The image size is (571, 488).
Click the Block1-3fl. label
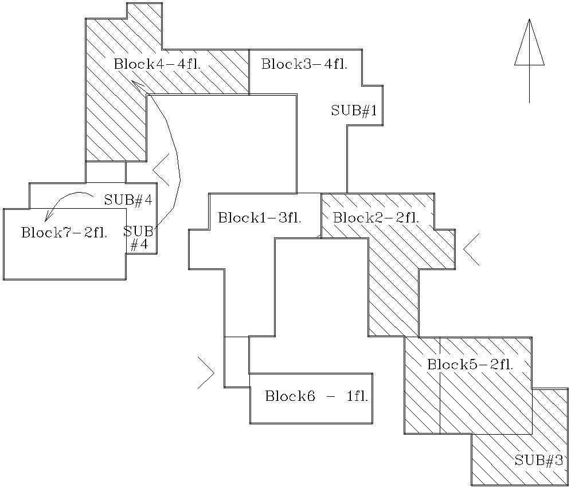pyautogui.click(x=260, y=218)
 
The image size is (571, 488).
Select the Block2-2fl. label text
pyautogui.click(x=376, y=218)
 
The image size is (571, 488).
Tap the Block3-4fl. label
pyautogui.click(x=304, y=64)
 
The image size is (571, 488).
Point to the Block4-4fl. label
pyautogui.click(x=157, y=64)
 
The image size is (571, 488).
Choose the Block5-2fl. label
pyautogui.click(x=470, y=364)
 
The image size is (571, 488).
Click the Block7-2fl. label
pyautogui.click(x=64, y=233)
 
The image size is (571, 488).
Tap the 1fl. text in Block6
pyautogui.click(x=357, y=396)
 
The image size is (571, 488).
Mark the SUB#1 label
pyautogui.click(x=354, y=111)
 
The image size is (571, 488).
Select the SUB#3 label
pyautogui.click(x=539, y=460)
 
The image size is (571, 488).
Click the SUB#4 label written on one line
pyautogui.click(x=128, y=200)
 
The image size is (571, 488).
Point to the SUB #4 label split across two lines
pyautogui.click(x=139, y=238)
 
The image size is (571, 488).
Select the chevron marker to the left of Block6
pyautogui.click(x=206, y=373)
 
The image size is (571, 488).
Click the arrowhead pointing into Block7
pyautogui.click(x=48, y=216)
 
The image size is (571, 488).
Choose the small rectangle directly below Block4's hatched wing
pyautogui.click(x=105, y=171)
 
